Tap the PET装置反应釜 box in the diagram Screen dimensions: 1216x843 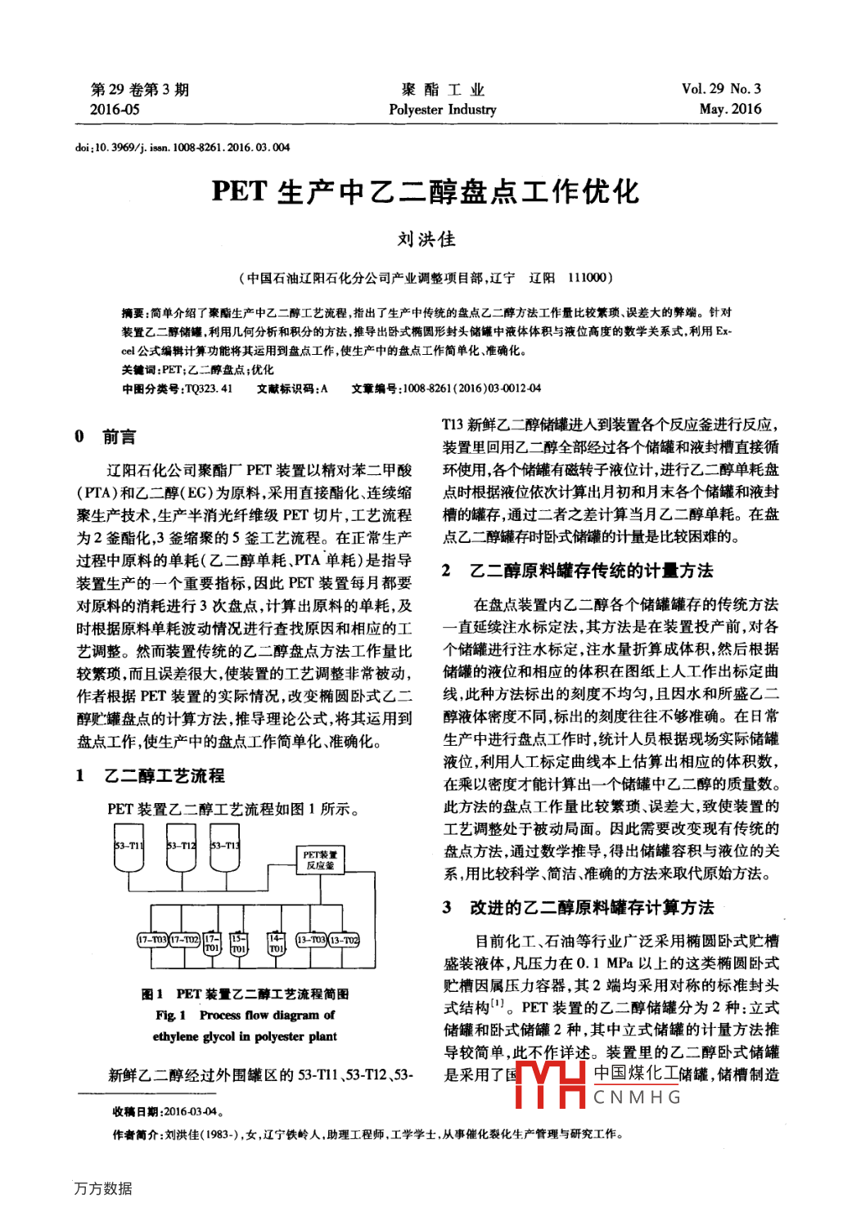[x=320, y=859]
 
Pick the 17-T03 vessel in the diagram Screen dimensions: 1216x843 [x=152, y=940]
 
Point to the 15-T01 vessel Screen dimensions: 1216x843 [x=238, y=944]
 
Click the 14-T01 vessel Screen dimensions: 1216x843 [x=277, y=944]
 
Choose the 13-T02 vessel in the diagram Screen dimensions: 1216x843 [x=344, y=940]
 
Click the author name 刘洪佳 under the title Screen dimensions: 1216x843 [x=426, y=240]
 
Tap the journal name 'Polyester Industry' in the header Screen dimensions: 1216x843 [x=442, y=110]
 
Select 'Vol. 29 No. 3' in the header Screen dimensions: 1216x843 [x=720, y=89]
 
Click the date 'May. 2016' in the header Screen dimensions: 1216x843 [x=730, y=109]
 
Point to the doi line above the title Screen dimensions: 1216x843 [x=183, y=148]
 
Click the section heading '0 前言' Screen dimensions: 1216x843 [x=106, y=437]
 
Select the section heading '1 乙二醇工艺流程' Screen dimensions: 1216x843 [x=151, y=775]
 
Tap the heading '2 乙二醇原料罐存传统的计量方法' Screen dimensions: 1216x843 [x=578, y=570]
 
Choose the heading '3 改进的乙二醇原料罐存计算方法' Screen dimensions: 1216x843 [x=579, y=907]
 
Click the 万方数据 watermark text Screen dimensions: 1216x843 [x=103, y=1188]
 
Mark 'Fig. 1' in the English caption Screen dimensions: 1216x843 [x=171, y=1015]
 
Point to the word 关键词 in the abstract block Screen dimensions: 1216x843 [x=141, y=370]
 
